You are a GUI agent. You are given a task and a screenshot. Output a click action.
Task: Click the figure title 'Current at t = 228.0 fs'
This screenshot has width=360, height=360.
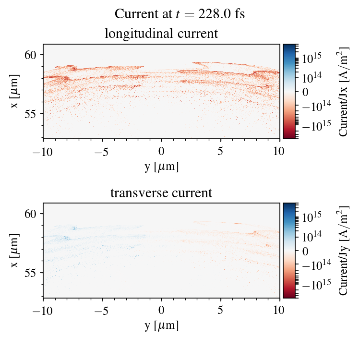click(180, 14)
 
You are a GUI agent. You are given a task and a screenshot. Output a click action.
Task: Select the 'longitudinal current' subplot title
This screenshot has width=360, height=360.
click(161, 34)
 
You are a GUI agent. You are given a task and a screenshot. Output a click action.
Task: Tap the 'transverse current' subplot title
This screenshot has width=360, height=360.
click(161, 193)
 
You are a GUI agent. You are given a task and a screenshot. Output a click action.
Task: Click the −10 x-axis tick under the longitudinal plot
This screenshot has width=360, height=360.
click(43, 151)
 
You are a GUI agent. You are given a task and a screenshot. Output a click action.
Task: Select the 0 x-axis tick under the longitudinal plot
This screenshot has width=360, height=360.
click(162, 151)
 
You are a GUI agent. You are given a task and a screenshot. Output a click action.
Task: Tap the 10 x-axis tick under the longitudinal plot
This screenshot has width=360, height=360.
click(280, 151)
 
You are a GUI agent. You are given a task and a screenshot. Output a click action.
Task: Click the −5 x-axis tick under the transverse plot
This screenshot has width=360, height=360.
click(102, 311)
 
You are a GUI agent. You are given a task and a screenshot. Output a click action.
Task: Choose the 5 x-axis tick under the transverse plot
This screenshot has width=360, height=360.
click(221, 311)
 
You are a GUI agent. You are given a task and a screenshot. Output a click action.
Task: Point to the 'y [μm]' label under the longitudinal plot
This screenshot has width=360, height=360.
click(162, 167)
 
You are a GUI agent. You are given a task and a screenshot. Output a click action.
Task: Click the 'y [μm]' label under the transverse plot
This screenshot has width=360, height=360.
click(162, 326)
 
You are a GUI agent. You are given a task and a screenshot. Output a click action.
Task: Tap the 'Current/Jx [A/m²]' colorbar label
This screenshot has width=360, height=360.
click(344, 91)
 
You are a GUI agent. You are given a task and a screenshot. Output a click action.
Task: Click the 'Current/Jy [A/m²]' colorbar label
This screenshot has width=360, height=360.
click(344, 251)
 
